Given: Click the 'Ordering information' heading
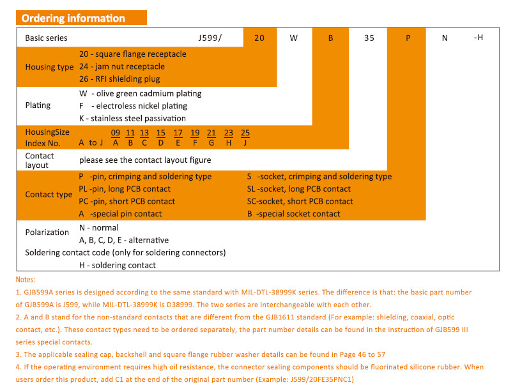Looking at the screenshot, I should (x=73, y=18).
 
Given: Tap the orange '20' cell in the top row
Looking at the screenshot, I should (x=259, y=38).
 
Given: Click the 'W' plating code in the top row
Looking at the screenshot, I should (x=294, y=38).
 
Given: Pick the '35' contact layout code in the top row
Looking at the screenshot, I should (x=369, y=38).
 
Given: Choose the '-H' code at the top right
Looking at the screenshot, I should (x=479, y=38).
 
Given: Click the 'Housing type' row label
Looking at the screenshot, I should (x=49, y=66).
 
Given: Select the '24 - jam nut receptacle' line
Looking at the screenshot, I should (x=122, y=66).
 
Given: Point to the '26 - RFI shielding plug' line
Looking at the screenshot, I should (x=119, y=79).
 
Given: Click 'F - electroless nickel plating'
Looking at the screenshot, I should (x=133, y=106).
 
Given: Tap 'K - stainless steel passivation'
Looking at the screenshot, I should (x=132, y=118).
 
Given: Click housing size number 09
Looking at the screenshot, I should (x=116, y=133).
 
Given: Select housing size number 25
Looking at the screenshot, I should (x=245, y=133).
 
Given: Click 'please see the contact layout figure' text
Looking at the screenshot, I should (x=145, y=160).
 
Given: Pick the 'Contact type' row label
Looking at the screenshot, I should (x=49, y=195).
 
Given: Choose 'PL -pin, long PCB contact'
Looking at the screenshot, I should (x=125, y=189).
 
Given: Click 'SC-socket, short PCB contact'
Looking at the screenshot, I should (x=300, y=201).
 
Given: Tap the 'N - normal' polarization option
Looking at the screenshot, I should (x=98, y=228).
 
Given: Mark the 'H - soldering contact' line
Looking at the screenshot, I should (x=117, y=265).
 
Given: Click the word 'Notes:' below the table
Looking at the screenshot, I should (x=26, y=280).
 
